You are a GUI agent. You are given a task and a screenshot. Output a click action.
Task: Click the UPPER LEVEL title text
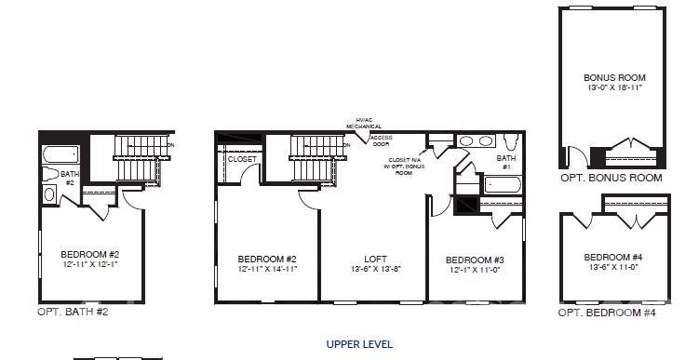tap(358, 344)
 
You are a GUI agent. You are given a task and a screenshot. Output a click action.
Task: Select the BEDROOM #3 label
tap(475, 260)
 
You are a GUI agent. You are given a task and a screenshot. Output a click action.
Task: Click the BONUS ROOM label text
tap(614, 78)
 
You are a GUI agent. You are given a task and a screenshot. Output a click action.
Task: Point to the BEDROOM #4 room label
tap(613, 258)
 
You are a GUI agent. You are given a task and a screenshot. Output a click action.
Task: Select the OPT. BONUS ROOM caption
tap(611, 178)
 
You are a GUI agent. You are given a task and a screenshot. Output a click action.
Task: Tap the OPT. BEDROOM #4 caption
tap(608, 313)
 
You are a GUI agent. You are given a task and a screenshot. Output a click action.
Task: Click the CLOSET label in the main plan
tap(243, 159)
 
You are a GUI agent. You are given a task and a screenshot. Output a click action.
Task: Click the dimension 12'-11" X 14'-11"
tap(267, 270)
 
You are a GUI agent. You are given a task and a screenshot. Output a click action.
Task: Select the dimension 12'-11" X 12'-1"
tap(89, 265)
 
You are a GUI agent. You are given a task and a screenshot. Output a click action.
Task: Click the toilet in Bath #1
tap(510, 142)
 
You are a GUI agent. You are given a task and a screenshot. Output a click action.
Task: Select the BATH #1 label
tap(505, 163)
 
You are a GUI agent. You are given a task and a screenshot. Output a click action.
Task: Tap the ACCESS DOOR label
tap(382, 141)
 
